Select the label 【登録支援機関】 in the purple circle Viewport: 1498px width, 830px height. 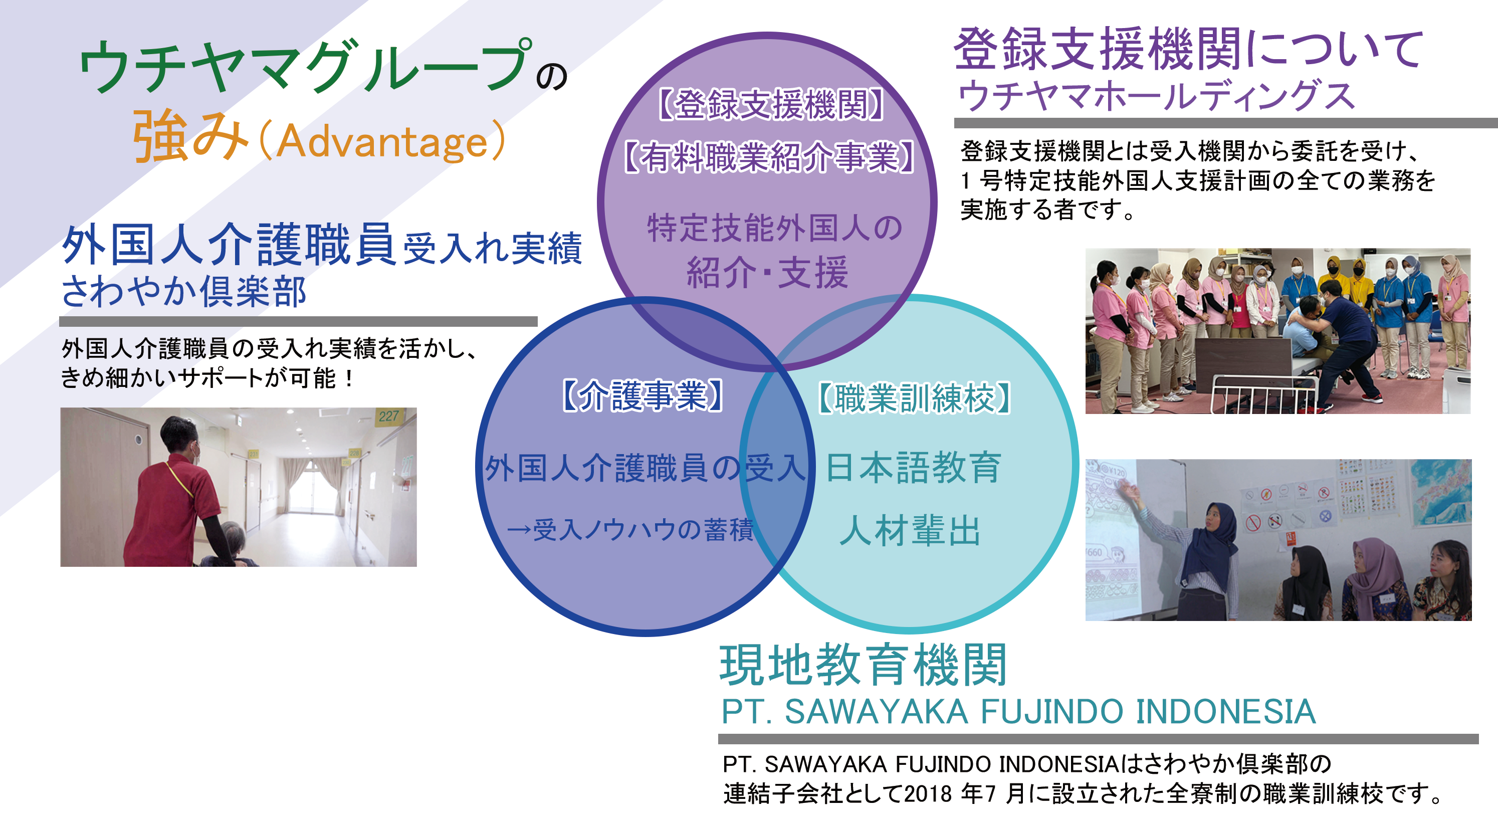(770, 105)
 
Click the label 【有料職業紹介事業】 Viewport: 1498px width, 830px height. (769, 156)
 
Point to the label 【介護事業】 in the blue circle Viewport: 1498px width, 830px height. (643, 395)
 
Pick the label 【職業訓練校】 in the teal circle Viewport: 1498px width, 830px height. (914, 398)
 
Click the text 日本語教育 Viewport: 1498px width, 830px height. (913, 468)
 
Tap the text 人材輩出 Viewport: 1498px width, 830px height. (910, 530)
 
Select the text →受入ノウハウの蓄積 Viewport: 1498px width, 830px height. (630, 530)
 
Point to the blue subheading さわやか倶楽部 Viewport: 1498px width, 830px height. (183, 291)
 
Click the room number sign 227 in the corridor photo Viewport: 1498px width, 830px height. (388, 416)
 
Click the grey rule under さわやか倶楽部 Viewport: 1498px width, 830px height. (298, 321)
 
